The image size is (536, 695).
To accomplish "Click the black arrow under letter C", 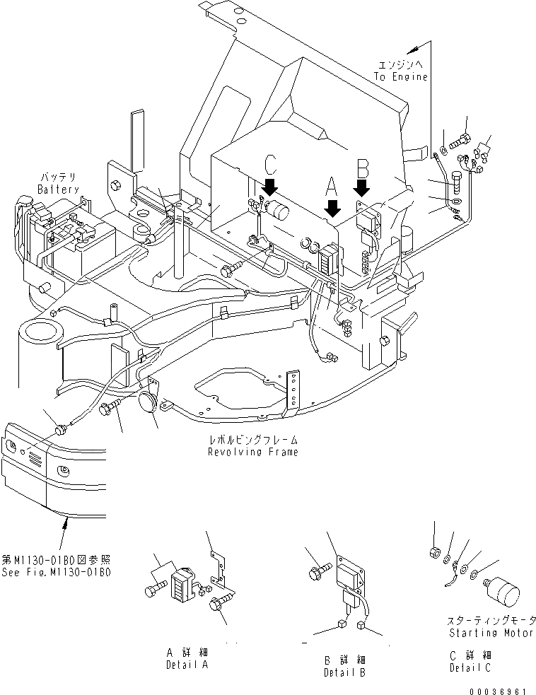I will coord(269,187).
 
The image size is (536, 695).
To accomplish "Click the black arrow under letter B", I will coord(362,186).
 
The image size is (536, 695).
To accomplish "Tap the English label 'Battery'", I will coord(59,190).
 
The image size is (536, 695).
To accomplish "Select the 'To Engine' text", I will coord(402,76).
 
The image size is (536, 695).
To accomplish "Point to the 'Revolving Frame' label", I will coord(252,452).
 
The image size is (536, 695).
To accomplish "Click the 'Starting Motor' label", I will coord(491,633).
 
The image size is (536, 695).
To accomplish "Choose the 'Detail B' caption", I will coord(344,672).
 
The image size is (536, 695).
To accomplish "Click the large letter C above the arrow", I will coord(271,164).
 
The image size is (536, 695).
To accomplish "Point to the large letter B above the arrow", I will coord(363,168).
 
